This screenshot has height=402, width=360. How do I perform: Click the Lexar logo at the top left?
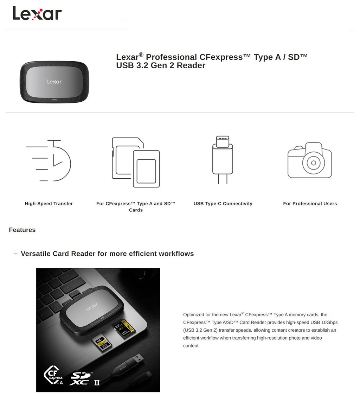(x=37, y=13)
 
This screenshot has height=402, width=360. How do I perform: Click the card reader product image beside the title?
(x=54, y=82)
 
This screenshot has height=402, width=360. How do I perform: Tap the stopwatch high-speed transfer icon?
(x=49, y=161)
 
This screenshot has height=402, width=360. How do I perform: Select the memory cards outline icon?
(x=136, y=162)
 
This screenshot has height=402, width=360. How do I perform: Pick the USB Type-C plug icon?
(x=223, y=160)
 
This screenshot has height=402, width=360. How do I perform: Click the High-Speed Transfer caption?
(x=49, y=204)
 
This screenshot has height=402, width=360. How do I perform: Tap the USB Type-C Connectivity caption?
(x=223, y=204)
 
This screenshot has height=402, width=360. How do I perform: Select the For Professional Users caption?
(x=310, y=204)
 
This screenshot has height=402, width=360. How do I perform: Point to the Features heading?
(x=22, y=230)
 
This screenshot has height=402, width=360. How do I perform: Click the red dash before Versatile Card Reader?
(x=16, y=254)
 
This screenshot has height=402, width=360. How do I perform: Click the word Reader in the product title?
(x=191, y=65)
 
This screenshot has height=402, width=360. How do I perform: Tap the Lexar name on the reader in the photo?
(x=92, y=308)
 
